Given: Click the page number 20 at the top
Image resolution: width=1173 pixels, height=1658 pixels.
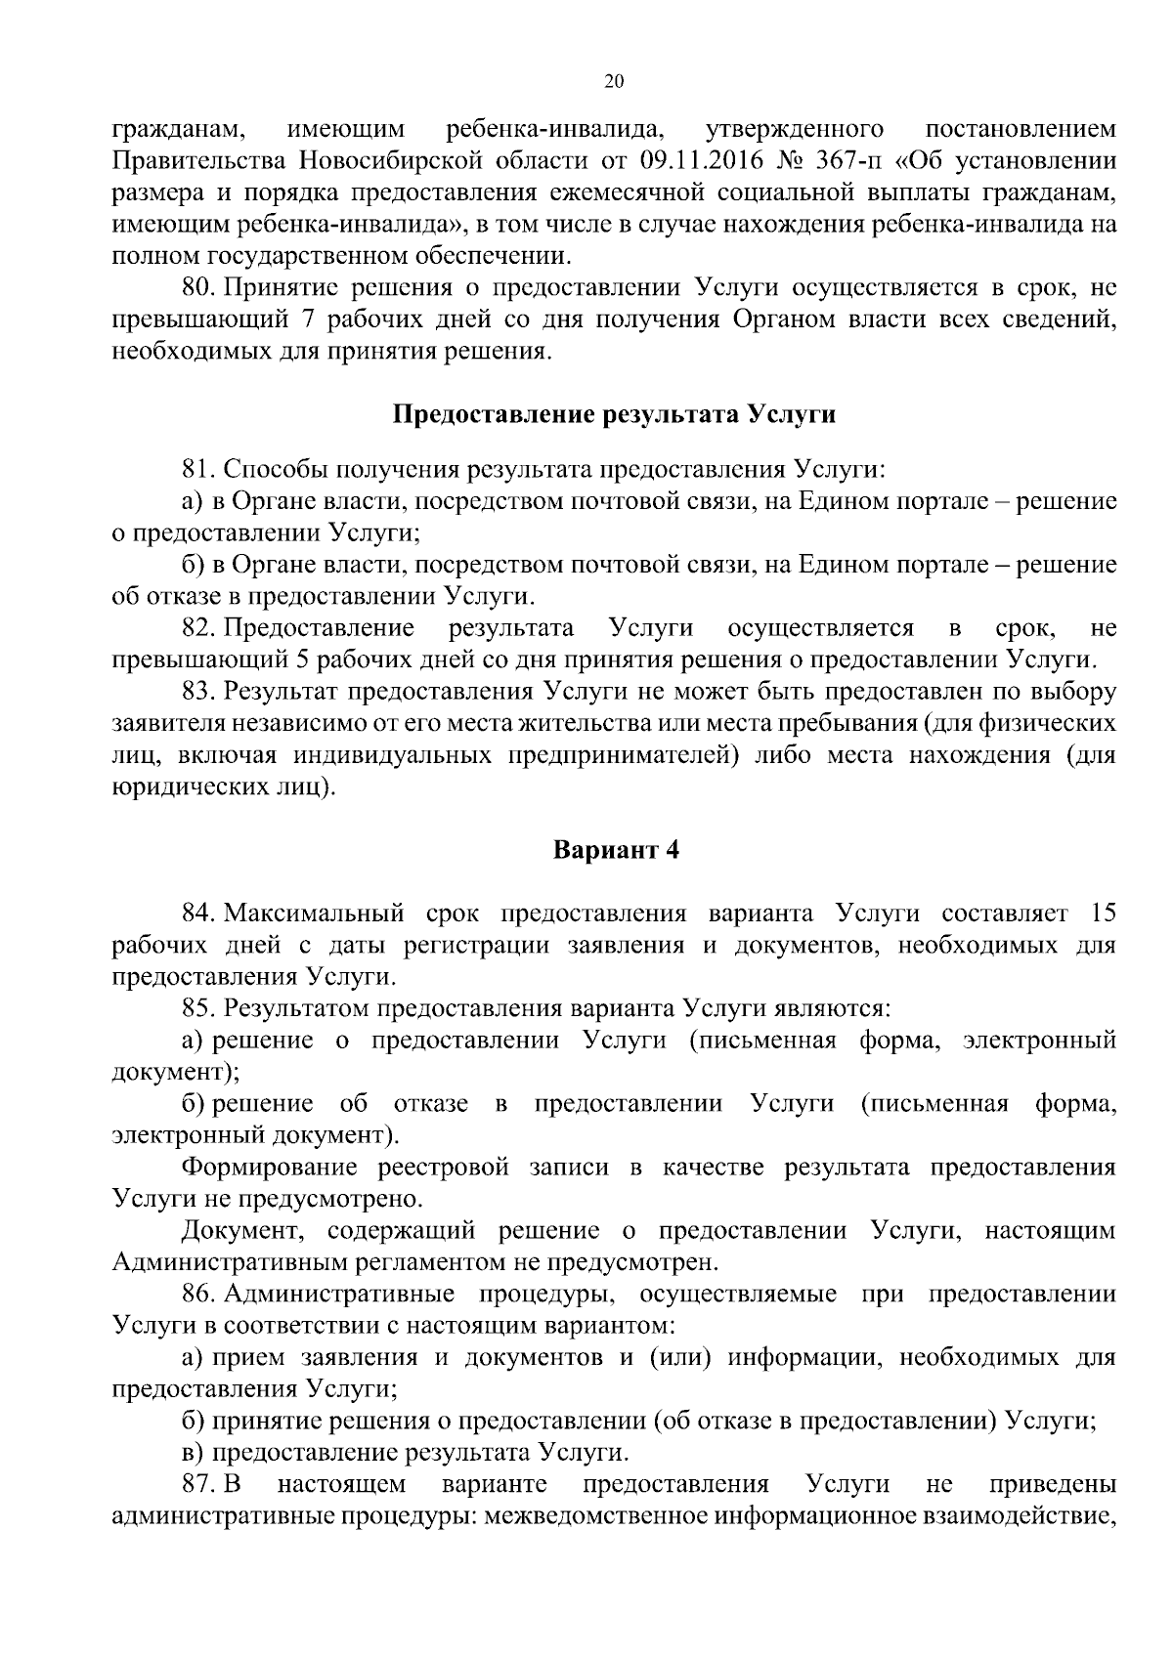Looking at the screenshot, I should pos(614,82).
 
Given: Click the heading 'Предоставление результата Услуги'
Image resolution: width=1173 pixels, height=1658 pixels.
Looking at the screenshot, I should pos(614,414).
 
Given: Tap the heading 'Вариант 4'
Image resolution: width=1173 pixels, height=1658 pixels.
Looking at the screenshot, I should pos(616,850).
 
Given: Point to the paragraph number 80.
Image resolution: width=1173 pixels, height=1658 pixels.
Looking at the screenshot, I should pos(199,288).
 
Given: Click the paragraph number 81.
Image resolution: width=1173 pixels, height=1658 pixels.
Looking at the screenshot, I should pos(199,469).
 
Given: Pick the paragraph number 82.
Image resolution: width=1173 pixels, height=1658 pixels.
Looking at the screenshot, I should pos(199,627).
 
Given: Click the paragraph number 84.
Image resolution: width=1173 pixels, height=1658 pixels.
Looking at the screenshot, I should pos(199,914).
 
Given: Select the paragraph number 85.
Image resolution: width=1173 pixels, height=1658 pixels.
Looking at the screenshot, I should pos(199,1008).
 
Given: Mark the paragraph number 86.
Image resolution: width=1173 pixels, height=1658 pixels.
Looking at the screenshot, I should pos(199,1295).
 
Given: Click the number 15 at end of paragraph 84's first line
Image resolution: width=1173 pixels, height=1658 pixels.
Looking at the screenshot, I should pos(1102,914).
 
